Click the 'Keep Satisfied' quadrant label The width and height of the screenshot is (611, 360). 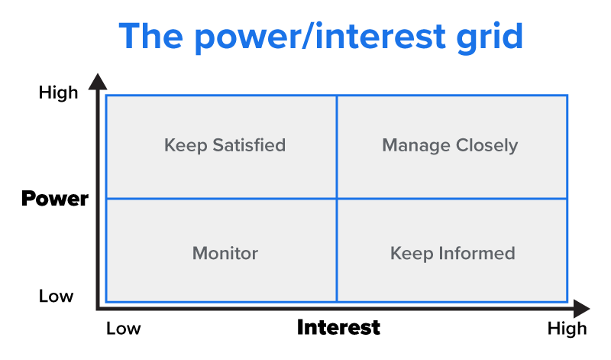[x=225, y=144]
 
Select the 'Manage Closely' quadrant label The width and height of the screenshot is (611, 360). [x=450, y=144]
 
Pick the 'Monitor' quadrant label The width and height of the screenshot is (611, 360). [x=225, y=253]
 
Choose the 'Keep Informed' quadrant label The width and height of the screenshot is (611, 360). [x=452, y=253]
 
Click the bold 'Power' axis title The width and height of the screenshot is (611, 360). [x=55, y=199]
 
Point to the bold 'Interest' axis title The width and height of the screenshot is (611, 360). [x=338, y=328]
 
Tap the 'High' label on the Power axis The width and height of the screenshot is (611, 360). [x=58, y=92]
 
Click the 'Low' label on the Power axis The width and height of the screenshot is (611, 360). [x=56, y=296]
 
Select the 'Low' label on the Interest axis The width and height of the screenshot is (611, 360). [x=124, y=329]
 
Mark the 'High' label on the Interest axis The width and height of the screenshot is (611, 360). [x=567, y=329]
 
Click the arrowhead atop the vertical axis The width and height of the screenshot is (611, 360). [x=97, y=81]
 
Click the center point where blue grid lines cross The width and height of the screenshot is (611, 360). [x=336, y=199]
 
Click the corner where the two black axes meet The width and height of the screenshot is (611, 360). [x=98, y=308]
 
